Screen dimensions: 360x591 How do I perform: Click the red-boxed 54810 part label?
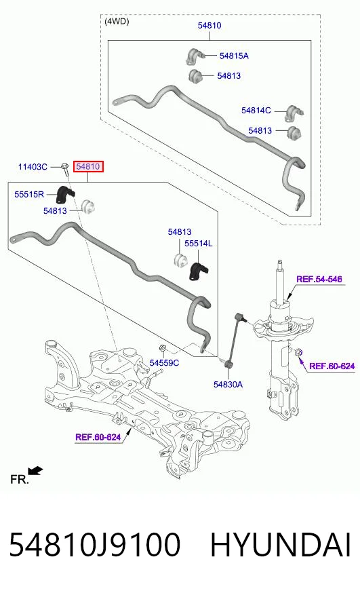coord(88,166)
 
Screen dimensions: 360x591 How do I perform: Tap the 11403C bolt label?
coord(33,167)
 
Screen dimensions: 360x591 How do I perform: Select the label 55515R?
coord(29,194)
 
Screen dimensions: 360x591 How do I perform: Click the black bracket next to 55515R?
coord(65,195)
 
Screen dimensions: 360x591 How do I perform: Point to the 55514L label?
coord(199,244)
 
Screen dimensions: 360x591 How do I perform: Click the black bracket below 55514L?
coord(198,271)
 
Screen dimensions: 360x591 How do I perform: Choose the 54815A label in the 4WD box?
coord(234,56)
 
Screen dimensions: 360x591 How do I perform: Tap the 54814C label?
coord(256,110)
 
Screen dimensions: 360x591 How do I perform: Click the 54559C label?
coord(164,362)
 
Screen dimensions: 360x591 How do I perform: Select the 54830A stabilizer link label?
coord(228,384)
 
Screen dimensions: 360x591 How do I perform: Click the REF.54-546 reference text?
coord(319,279)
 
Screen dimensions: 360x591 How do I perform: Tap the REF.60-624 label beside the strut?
coord(332,366)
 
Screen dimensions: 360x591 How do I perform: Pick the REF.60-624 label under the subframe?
coord(98,437)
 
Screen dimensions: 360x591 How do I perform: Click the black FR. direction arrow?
coord(36,471)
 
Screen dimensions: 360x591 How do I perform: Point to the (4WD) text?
coord(117,22)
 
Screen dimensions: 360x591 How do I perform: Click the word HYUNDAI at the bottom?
coord(281,545)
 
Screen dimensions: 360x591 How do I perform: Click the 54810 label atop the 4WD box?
coord(209,25)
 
